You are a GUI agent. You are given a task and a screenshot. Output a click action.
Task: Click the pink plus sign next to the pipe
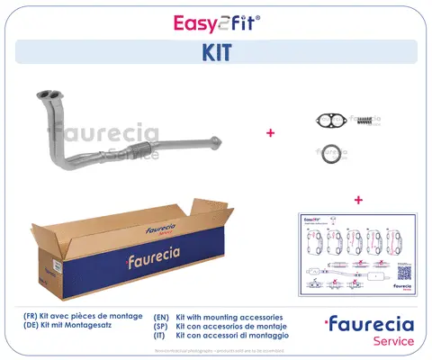click(269, 132)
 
